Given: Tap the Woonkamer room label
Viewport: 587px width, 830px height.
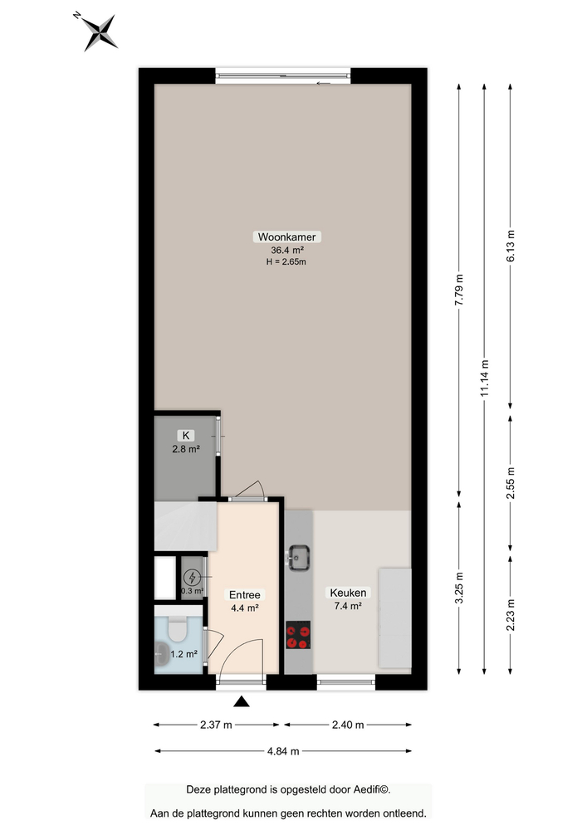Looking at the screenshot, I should (x=286, y=237).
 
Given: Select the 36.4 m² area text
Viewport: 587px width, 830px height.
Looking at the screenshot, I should (x=286, y=250).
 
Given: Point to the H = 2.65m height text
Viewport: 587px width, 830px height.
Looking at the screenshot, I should (x=286, y=262).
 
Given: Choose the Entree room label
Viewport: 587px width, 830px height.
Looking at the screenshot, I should (x=244, y=595).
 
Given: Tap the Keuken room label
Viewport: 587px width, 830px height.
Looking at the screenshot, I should (x=348, y=593).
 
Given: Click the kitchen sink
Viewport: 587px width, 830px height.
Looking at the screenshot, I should (x=300, y=556).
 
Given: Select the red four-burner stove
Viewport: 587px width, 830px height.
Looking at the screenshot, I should (x=299, y=637).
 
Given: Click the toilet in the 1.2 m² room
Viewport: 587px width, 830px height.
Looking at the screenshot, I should (x=177, y=631).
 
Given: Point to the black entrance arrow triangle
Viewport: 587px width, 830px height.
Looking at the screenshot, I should (x=242, y=702).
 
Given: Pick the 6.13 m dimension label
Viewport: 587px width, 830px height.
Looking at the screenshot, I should (x=511, y=246).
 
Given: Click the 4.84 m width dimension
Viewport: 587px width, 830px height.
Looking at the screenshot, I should (x=282, y=751).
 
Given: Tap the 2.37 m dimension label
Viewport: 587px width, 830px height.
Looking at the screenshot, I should (x=217, y=725).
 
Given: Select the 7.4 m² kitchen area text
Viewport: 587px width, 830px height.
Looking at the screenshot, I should (x=348, y=607).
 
